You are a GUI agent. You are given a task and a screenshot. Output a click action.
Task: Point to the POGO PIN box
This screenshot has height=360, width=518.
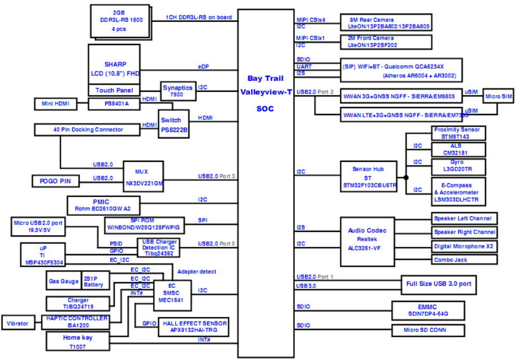[55, 181]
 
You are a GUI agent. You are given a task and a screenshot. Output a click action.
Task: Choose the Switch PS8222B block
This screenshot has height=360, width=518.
[173, 126]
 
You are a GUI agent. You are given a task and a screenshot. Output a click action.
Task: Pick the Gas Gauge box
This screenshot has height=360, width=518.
[63, 281]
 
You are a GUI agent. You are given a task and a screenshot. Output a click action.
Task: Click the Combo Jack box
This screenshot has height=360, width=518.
[464, 259]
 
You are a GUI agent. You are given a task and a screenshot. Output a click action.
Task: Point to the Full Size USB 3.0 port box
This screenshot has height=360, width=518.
[439, 284]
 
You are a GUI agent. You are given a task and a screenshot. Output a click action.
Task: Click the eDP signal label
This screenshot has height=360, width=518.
[203, 67]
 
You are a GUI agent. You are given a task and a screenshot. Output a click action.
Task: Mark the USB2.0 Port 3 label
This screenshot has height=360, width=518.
[216, 176]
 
